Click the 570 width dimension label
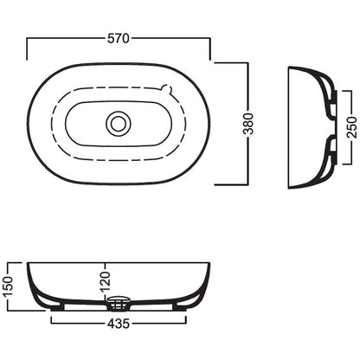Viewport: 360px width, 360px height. (119, 38)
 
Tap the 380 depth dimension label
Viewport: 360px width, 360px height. (248, 124)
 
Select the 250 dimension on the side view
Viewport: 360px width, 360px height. (352, 127)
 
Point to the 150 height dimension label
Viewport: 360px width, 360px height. (9, 286)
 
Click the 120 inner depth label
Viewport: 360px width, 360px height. (106, 281)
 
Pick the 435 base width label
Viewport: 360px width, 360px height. (119, 324)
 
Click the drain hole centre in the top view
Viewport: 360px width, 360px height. (119, 124)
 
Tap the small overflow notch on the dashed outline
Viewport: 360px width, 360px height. (167, 88)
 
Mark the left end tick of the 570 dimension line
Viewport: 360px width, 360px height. (27, 48)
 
